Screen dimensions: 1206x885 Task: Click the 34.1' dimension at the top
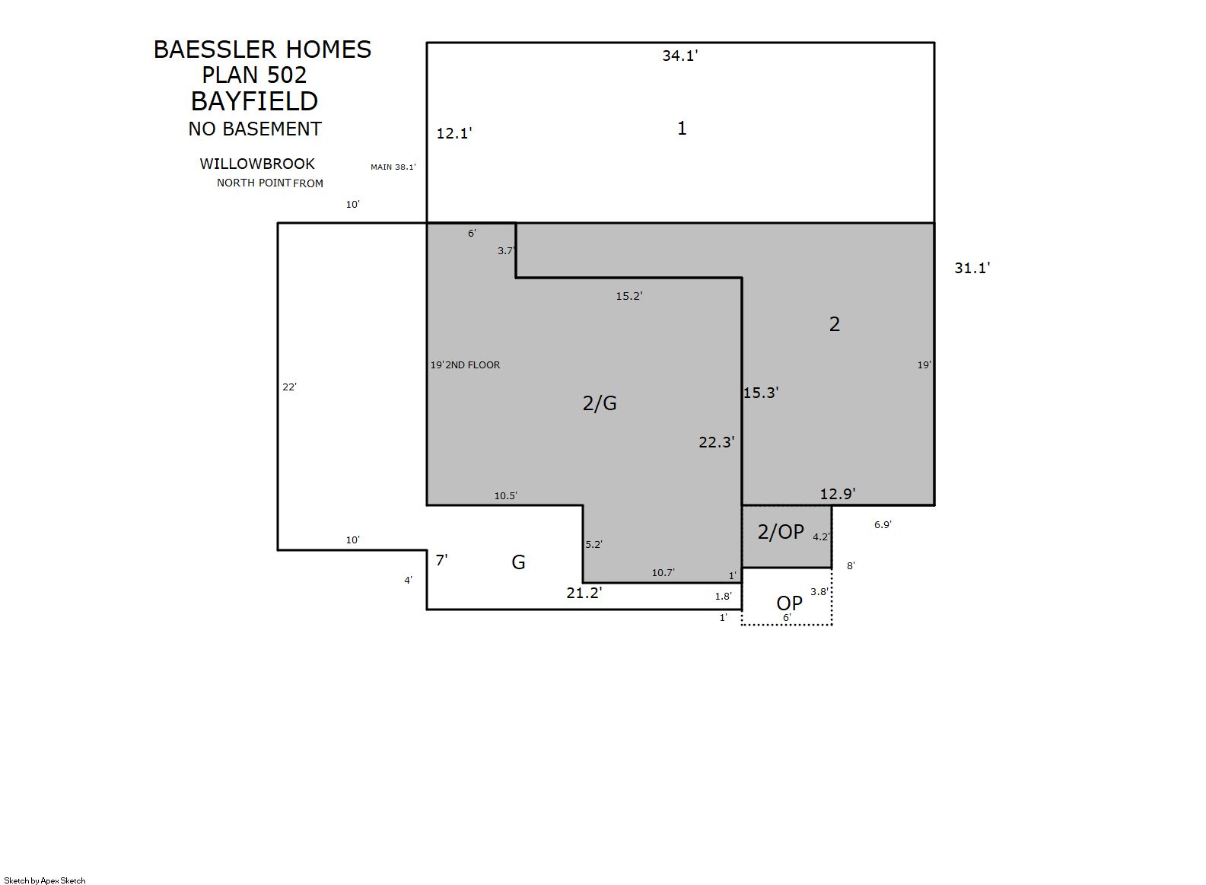[680, 56]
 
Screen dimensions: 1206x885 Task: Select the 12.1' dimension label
[453, 133]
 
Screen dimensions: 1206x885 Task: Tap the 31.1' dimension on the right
[972, 268]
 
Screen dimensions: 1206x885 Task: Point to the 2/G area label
[600, 403]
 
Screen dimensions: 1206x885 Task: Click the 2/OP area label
[781, 531]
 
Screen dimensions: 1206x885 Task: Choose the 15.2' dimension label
[629, 295]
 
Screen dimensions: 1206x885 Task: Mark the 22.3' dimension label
[717, 442]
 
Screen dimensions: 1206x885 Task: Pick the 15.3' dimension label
[761, 393]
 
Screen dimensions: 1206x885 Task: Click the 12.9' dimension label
[838, 494]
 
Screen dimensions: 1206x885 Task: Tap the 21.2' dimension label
[584, 593]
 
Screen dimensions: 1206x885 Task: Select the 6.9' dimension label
[883, 524]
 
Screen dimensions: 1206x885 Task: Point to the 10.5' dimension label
[505, 496]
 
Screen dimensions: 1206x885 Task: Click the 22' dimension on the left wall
[290, 387]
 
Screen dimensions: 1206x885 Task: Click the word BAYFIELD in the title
[255, 101]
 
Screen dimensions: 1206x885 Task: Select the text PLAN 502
[254, 75]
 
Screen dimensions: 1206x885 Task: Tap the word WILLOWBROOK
[257, 164]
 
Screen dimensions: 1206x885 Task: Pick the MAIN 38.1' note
[393, 167]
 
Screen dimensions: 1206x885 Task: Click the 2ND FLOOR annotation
[473, 365]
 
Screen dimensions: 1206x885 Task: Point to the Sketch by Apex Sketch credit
[45, 880]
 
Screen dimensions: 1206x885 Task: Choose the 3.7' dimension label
[506, 250]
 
